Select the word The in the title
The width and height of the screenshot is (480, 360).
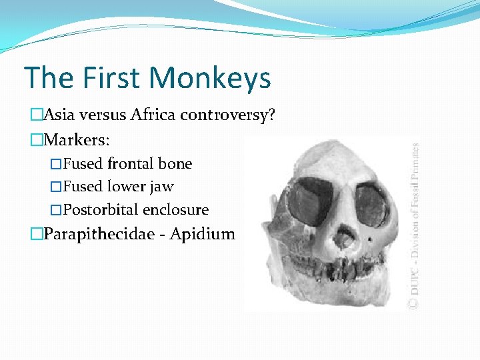[47, 77]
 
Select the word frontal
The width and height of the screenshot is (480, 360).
[131, 164]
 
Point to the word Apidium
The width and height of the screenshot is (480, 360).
[203, 235]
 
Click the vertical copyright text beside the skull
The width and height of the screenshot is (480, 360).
[413, 227]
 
